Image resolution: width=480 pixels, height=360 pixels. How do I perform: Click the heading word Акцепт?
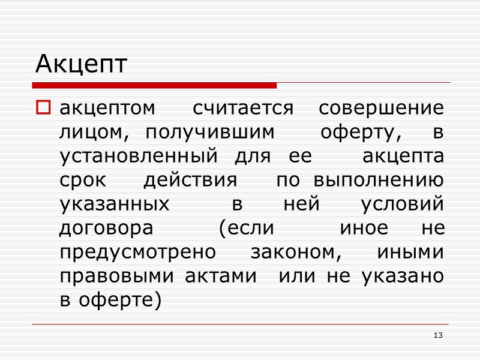pos(81,64)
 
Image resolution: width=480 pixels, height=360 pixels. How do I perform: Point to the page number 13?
pos(438,335)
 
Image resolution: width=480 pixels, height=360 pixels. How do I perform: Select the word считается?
pos(243,109)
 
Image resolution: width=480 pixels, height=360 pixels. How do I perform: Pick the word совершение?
pos(382,109)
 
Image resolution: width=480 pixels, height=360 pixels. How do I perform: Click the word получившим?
pos(210,133)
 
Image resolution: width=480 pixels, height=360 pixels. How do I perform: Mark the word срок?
pos(82,181)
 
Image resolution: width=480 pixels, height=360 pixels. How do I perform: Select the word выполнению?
pos(379,181)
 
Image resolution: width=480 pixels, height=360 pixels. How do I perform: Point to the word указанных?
pos(115,205)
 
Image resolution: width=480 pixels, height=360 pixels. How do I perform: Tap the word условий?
pos(403,205)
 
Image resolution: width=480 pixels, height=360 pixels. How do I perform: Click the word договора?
pos(106,229)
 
